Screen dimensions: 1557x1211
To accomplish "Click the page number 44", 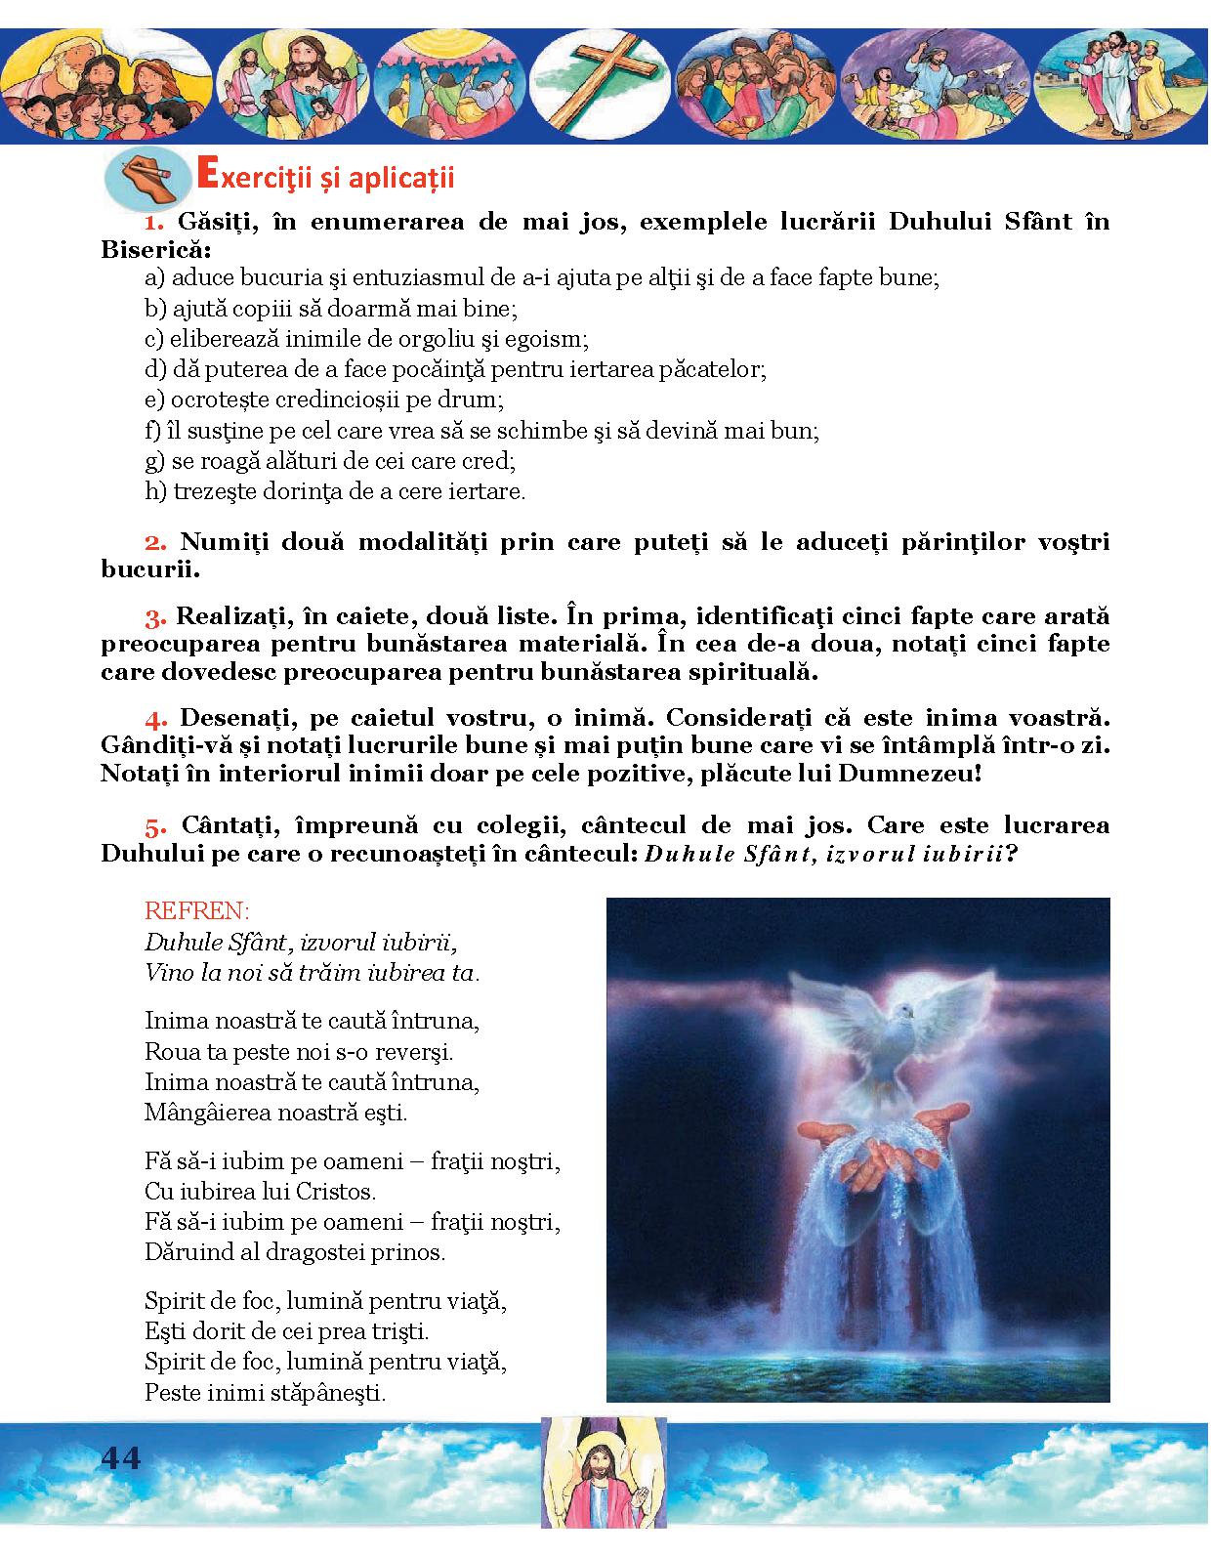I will pos(121,1458).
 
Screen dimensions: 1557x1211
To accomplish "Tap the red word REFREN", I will pos(196,911).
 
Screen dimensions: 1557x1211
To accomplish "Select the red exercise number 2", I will pos(155,542).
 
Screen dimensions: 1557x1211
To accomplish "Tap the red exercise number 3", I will pos(155,618).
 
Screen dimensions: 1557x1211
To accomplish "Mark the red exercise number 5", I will pos(155,826).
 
